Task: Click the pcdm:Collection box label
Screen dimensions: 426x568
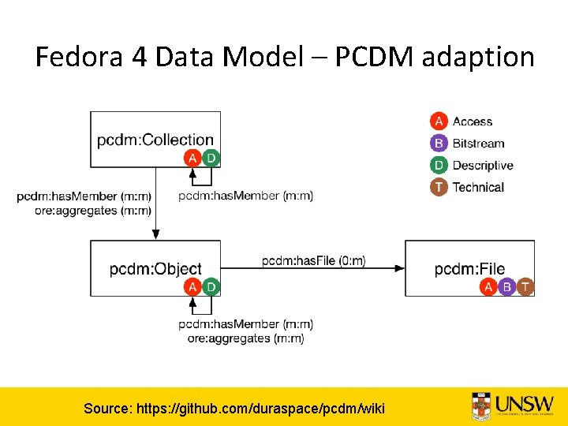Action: pos(155,140)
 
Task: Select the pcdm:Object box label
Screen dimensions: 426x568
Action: pos(155,269)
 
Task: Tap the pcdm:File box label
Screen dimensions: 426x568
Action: pos(469,269)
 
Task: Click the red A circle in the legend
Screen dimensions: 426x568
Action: pos(439,121)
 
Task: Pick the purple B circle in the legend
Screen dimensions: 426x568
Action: pos(439,144)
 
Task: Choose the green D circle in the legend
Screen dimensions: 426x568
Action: pos(439,166)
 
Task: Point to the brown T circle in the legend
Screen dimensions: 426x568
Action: pos(439,188)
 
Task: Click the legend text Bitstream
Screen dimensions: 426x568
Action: pos(478,144)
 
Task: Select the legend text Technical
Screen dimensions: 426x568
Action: pos(478,188)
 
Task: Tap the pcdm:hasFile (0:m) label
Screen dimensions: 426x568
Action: pos(313,260)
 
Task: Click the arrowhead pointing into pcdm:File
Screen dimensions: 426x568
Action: pos(400,269)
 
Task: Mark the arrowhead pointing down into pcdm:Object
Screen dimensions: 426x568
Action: pos(155,234)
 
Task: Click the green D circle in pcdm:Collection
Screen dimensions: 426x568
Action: pos(211,159)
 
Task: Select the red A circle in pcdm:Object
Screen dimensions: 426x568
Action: pos(192,287)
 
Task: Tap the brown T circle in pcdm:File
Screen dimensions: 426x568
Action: pos(525,287)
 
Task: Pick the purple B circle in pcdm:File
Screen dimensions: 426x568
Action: pos(507,287)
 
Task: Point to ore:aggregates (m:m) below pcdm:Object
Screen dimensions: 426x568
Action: pos(245,338)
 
